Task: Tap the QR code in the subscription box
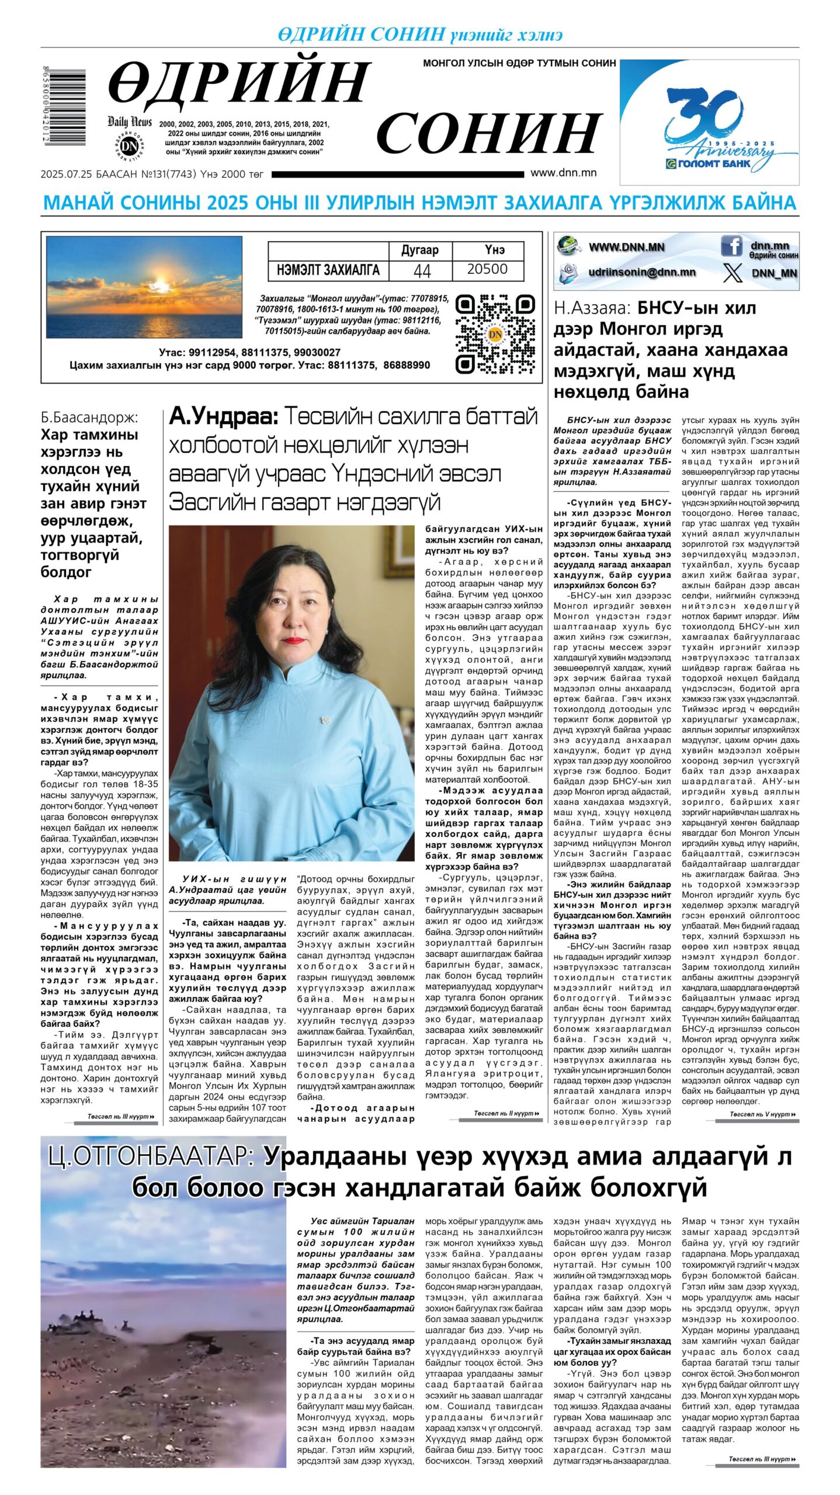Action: point(495,334)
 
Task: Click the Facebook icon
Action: point(731,246)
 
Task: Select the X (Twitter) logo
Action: point(732,273)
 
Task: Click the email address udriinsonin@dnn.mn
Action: point(641,272)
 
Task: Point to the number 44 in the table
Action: point(421,270)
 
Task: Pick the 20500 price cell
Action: point(487,269)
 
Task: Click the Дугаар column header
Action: point(419,251)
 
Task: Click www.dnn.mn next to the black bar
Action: point(563,173)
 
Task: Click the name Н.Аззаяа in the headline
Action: point(592,308)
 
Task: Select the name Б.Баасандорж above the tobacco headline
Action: point(89,418)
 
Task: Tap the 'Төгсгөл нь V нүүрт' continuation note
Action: point(762,1114)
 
